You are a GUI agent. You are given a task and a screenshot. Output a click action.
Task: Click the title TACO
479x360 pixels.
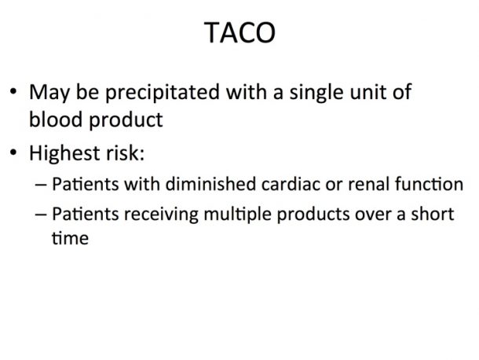click(239, 33)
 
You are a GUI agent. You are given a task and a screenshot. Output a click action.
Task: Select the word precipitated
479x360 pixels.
click(163, 93)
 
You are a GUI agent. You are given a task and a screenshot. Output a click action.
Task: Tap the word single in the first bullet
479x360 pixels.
click(316, 93)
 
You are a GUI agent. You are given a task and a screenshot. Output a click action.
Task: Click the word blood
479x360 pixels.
click(56, 119)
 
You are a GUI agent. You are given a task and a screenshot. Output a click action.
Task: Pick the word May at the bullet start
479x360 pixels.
click(49, 93)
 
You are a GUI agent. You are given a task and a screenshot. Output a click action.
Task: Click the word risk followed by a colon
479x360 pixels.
click(125, 152)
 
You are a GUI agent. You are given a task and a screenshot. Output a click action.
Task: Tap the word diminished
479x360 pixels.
click(210, 184)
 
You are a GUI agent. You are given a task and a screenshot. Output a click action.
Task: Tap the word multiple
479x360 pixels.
click(238, 215)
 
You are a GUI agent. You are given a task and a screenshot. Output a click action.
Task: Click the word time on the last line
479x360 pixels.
click(70, 238)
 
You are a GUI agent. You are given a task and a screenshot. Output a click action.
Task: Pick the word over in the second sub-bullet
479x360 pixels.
click(373, 215)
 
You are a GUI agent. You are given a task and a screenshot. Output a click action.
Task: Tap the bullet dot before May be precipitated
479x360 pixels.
click(13, 91)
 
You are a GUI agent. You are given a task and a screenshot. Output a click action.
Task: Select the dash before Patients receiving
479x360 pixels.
click(41, 215)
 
